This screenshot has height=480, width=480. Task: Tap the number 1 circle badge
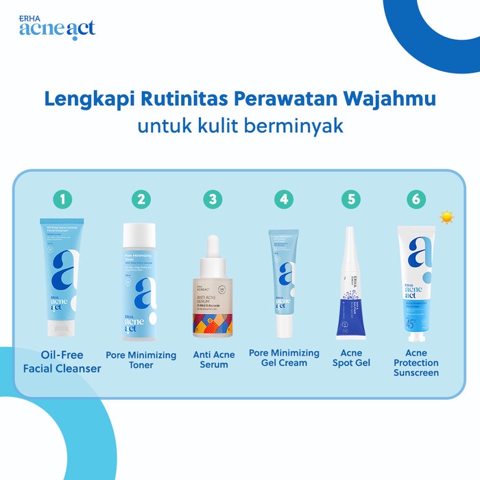(63, 200)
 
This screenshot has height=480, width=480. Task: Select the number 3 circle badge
(213, 200)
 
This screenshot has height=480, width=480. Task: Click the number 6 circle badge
(416, 200)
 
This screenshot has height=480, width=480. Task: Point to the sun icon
(447, 217)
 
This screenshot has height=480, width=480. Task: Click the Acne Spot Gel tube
(350, 288)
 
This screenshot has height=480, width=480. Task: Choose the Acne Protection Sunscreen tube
(416, 281)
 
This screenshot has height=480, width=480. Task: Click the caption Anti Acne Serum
(214, 359)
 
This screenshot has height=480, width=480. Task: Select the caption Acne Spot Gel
(351, 357)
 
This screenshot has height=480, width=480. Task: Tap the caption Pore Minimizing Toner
(141, 360)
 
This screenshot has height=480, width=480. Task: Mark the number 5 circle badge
(351, 200)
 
